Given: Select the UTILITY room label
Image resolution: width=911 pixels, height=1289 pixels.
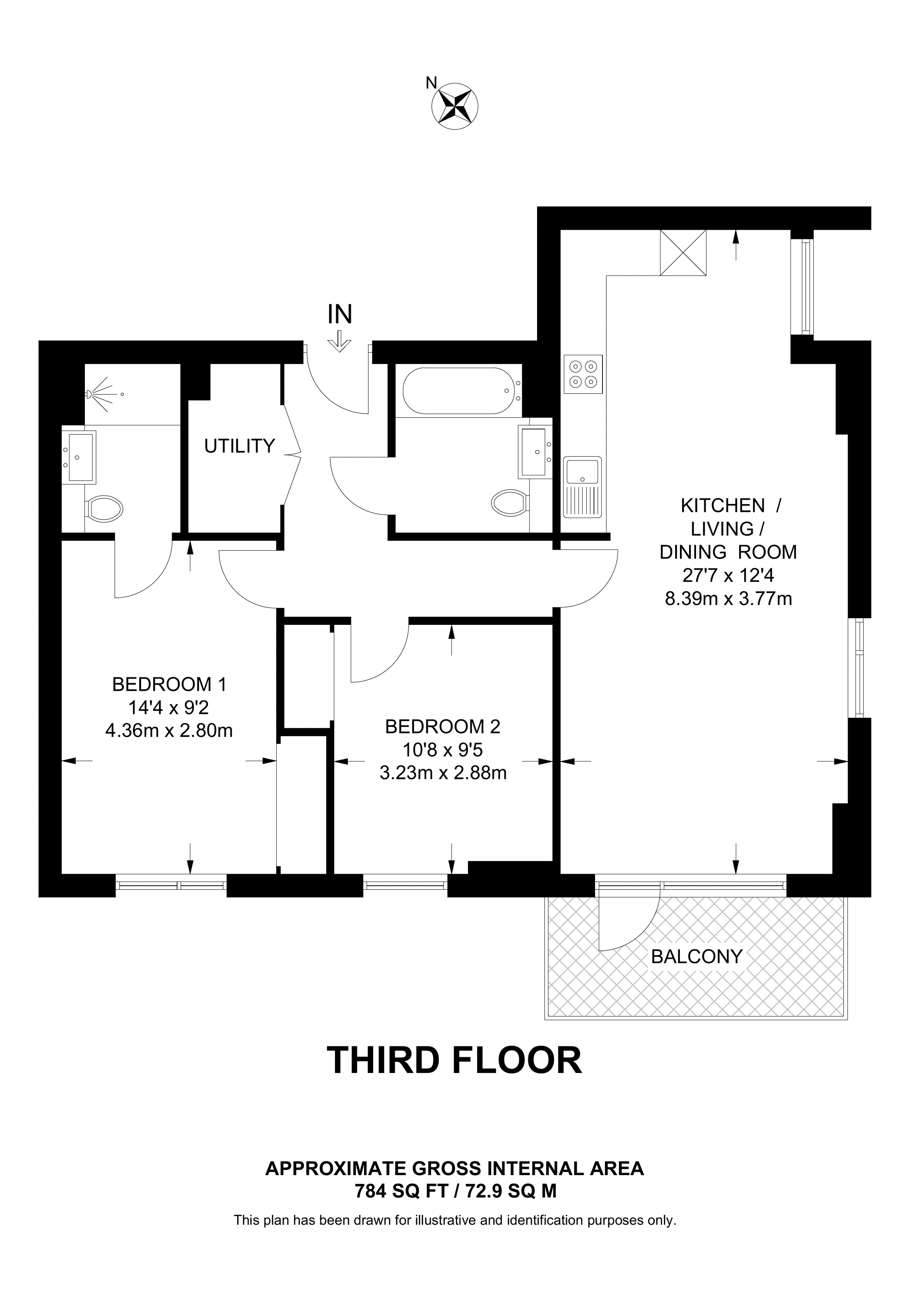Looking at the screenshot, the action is tap(240, 446).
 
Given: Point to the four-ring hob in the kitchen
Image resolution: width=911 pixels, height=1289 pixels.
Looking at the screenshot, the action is tap(583, 374).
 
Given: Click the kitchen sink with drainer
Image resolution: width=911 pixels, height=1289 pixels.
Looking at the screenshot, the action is tap(583, 487).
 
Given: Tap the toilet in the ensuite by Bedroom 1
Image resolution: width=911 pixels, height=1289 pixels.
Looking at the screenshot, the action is tap(104, 508).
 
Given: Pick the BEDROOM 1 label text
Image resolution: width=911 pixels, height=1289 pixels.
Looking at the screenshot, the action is tap(169, 684).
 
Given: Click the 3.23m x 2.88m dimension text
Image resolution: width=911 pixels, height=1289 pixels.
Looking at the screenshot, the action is tap(443, 773).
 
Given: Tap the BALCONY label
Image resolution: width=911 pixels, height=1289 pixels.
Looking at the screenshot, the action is tap(697, 956).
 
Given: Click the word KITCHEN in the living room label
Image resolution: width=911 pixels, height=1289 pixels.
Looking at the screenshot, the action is tap(723, 506).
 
